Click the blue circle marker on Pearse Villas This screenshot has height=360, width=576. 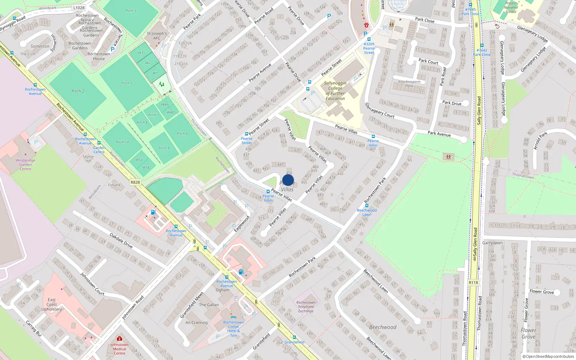(x=288, y=180)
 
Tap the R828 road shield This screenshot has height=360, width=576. (x=135, y=182)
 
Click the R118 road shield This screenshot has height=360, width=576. (x=473, y=283)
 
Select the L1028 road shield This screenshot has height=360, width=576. (x=78, y=8)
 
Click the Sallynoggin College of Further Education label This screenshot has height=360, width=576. (x=335, y=91)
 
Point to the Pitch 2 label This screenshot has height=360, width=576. (x=78, y=91)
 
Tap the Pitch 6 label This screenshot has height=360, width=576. (x=182, y=134)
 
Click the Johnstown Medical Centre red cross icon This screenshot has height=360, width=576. (x=119, y=339)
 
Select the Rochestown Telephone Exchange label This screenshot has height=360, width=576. (x=306, y=307)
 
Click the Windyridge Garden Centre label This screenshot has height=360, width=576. (x=26, y=165)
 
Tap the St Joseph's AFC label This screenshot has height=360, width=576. (x=157, y=36)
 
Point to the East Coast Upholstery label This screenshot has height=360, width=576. (x=52, y=304)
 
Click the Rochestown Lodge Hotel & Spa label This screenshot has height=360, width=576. (x=233, y=329)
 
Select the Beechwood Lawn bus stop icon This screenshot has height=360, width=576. (x=366, y=206)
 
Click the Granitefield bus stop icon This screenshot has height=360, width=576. (x=294, y=337)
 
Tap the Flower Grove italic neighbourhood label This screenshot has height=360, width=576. (x=528, y=333)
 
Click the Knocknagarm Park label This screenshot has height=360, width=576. (x=409, y=84)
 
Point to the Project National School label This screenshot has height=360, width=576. (x=510, y=7)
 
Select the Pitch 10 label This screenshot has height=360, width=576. (x=122, y=142)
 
